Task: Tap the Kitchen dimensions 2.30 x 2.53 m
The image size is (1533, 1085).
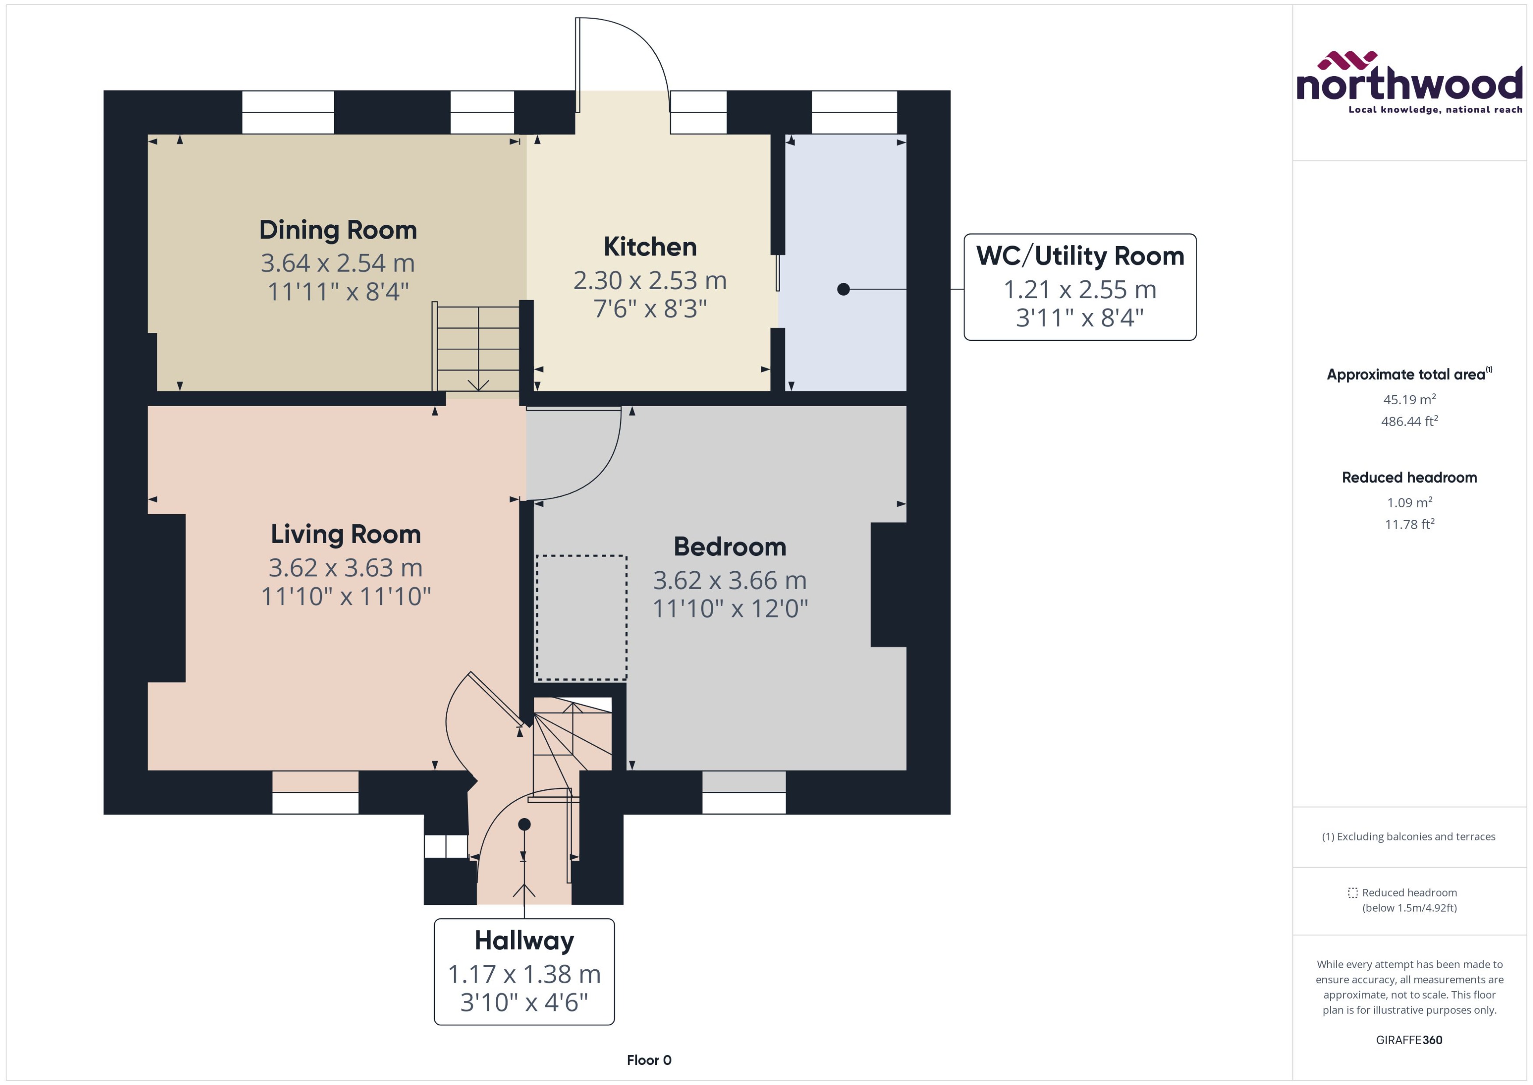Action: click(x=649, y=281)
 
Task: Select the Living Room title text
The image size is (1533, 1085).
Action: click(x=345, y=534)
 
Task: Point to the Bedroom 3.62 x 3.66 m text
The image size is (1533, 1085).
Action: click(x=729, y=580)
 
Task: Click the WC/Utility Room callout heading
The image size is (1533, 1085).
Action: click(x=1079, y=256)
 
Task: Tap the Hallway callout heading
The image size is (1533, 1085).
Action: click(x=524, y=941)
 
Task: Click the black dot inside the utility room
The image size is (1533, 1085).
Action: click(x=843, y=289)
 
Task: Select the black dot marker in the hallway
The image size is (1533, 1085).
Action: click(x=524, y=824)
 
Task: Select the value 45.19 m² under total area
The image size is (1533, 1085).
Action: click(x=1409, y=399)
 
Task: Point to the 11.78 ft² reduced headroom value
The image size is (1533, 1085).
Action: click(x=1409, y=524)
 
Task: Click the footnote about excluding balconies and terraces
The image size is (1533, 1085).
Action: click(x=1408, y=837)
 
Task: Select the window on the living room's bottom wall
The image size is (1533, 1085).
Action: click(x=315, y=793)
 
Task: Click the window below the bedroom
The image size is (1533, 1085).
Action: click(x=743, y=793)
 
